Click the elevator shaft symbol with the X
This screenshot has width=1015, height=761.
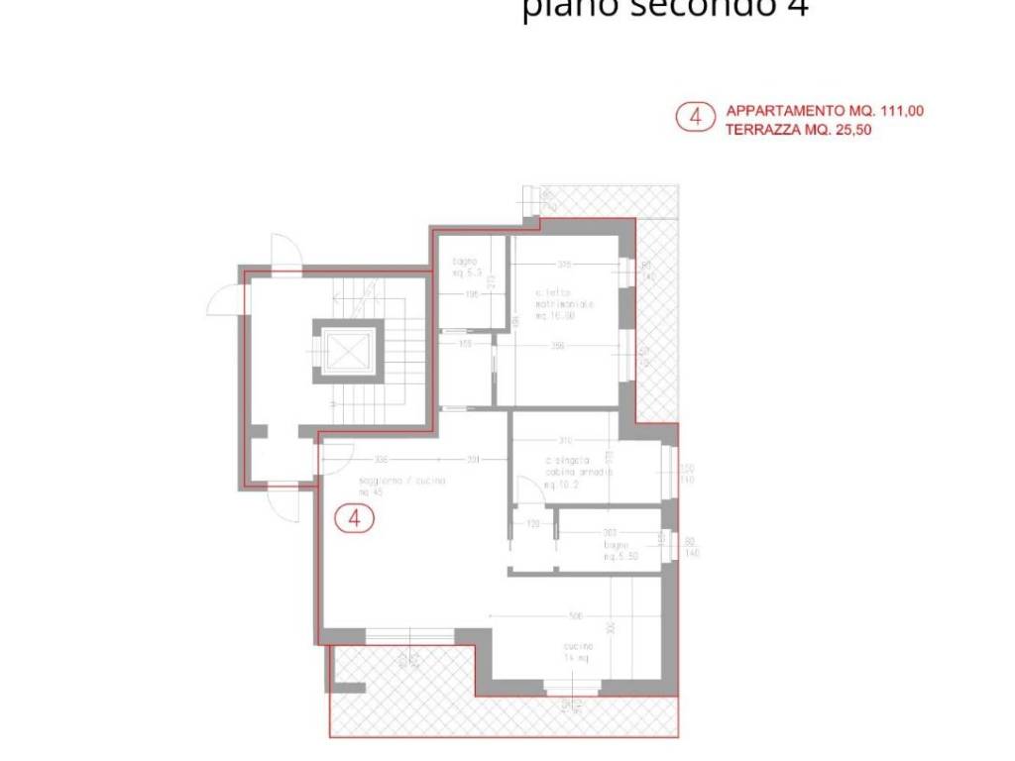(x=347, y=350)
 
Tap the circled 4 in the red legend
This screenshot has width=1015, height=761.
(x=695, y=118)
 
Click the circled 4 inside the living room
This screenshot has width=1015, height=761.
(x=354, y=517)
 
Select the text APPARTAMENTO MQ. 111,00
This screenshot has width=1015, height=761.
(x=825, y=111)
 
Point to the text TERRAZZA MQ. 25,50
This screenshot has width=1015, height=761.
(x=799, y=129)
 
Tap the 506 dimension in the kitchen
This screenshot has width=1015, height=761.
(x=575, y=616)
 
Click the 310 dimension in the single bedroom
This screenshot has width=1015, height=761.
(x=565, y=440)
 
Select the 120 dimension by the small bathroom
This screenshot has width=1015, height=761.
(x=532, y=522)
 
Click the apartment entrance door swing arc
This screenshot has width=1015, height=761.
(x=338, y=458)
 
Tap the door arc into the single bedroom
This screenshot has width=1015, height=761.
(x=523, y=490)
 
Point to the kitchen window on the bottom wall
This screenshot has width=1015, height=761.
(x=572, y=686)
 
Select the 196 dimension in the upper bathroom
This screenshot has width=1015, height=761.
(x=472, y=294)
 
